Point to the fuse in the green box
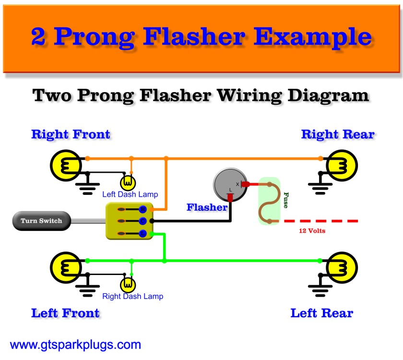pyautogui.click(x=269, y=202)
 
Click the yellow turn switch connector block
pyautogui.click(x=129, y=221)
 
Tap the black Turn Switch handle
pyautogui.click(x=41, y=221)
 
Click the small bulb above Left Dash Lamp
pyautogui.click(x=128, y=182)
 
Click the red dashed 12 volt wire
pyautogui.click(x=321, y=221)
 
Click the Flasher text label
pyautogui.click(x=207, y=207)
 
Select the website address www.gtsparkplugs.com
pyautogui.click(x=75, y=345)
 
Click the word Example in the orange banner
pyautogui.click(x=309, y=36)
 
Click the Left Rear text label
pyautogui.click(x=321, y=313)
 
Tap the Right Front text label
pyautogui.click(x=71, y=134)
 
